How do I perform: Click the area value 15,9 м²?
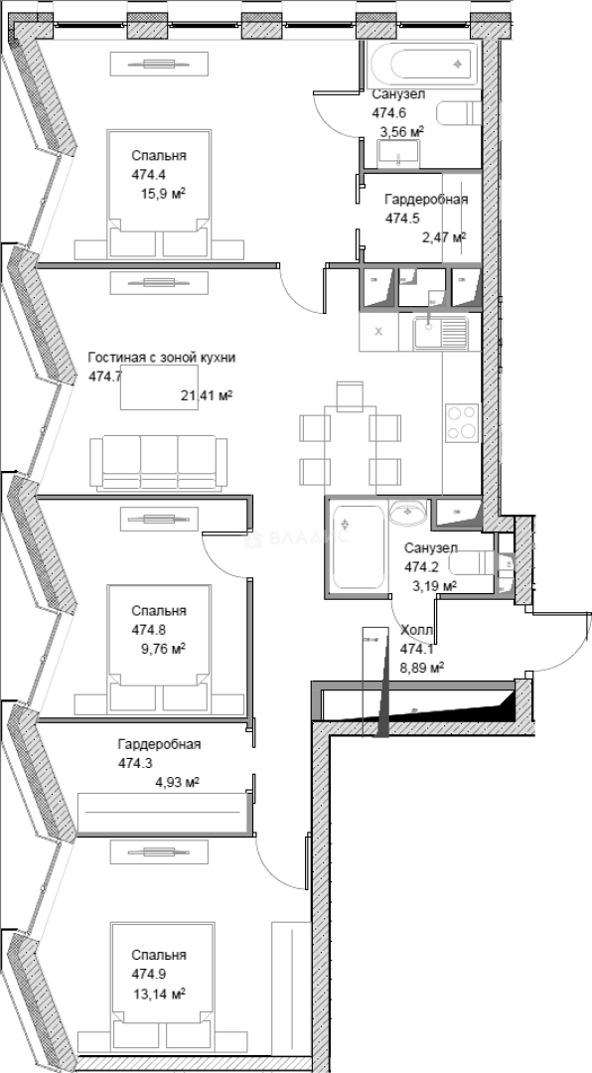pos(164,194)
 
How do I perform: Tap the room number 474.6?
pos(389,112)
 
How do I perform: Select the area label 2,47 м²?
pos(444,236)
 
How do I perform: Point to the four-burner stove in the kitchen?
pos(461,421)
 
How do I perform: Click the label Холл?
pos(415,631)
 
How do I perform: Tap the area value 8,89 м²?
pos(421,669)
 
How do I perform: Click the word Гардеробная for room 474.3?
pos(159,744)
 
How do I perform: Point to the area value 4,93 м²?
pos(177,783)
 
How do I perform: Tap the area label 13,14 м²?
pos(159,993)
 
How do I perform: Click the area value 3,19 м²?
pos(434,586)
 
